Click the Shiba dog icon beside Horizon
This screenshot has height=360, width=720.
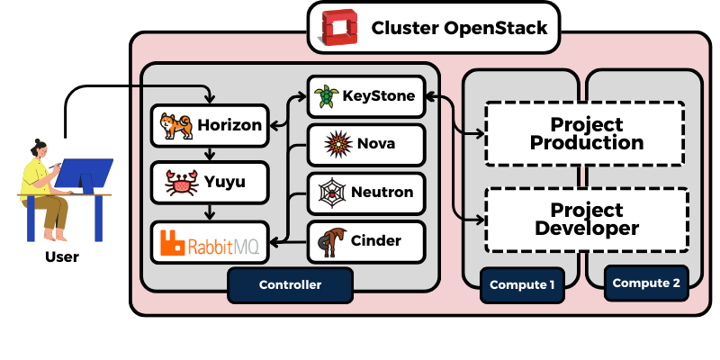[174, 126]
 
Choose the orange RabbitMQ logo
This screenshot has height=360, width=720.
[210, 242]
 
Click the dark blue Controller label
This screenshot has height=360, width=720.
[290, 284]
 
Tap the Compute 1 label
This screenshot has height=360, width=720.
[522, 284]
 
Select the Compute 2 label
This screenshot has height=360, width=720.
[646, 283]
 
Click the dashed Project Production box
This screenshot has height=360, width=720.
[586, 132]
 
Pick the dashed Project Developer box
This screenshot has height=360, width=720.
[586, 219]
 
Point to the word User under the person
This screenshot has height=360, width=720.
[61, 257]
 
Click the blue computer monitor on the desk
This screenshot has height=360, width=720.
[86, 174]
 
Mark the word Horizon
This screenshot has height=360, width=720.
[229, 126]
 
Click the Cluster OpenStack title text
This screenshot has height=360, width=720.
[459, 28]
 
